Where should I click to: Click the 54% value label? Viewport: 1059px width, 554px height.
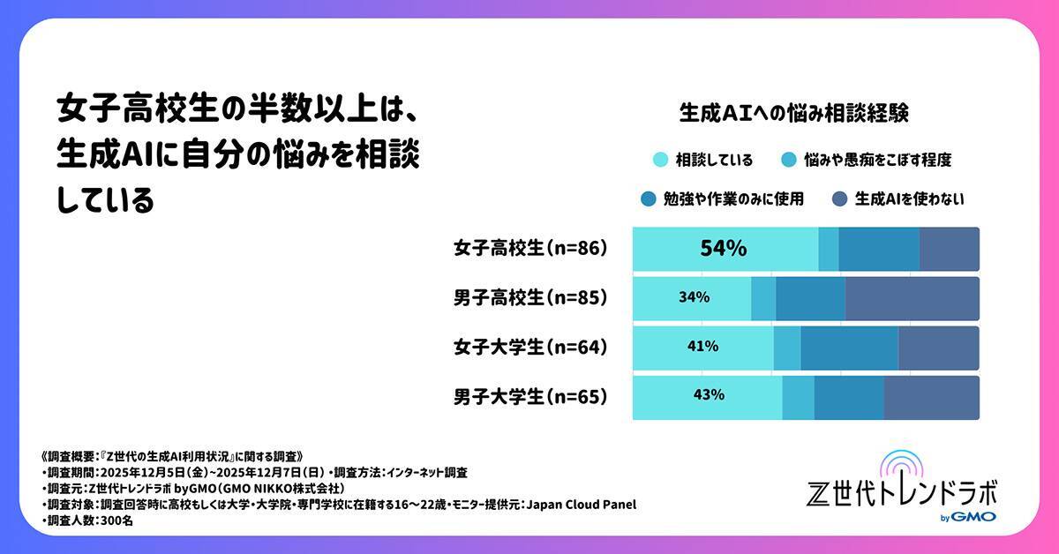coord(724,249)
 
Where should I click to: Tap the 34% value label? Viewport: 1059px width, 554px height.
coord(695,298)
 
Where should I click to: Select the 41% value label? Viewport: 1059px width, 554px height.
coord(702,347)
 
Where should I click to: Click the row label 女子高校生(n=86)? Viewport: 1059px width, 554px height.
coord(530,249)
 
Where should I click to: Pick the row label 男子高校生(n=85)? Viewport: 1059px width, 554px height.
coord(530,298)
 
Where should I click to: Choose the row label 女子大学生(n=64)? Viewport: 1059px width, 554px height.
coord(530,348)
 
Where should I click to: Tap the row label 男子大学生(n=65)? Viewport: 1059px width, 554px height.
coord(530,397)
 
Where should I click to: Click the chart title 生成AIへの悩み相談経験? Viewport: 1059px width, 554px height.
coord(794,114)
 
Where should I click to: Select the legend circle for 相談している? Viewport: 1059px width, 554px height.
coord(658,161)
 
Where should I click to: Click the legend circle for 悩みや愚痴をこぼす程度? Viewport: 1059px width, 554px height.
coord(788,161)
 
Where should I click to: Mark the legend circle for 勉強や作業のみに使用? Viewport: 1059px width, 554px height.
coord(649,199)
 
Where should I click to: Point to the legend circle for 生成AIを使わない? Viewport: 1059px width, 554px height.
coord(839,199)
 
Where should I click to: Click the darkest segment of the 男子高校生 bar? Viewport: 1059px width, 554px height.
coord(912,298)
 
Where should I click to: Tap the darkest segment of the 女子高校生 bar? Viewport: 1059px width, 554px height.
coord(949,249)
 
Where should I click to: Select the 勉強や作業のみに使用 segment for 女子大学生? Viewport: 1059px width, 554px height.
coord(849,348)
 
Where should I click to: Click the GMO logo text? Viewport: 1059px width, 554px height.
coord(976,516)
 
